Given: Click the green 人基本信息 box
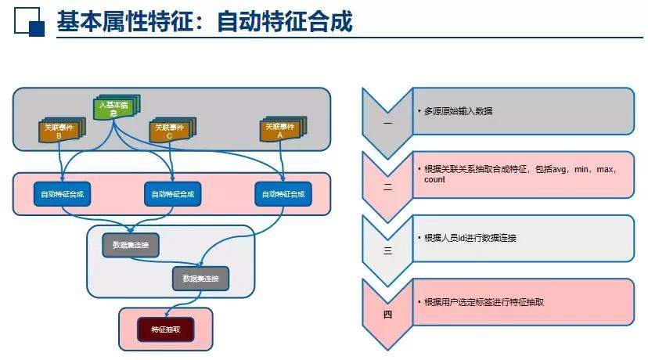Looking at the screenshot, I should tap(114, 108).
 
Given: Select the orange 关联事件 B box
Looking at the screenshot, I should tap(59, 131).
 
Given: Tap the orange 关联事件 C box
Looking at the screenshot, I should tap(170, 131).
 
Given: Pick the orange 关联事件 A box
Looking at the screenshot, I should tap(281, 129).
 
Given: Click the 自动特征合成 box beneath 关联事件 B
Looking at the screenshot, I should tap(62, 194).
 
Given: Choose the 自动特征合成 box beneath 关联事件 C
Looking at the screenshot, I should tap(172, 194).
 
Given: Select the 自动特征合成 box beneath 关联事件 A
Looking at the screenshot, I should tap(283, 194).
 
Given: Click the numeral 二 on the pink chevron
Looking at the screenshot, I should tap(387, 188).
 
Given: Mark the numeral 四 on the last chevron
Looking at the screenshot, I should tap(387, 315).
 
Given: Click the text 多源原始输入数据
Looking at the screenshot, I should tap(458, 111).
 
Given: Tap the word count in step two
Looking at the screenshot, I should tap(434, 179).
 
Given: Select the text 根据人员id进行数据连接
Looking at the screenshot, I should tap(470, 237).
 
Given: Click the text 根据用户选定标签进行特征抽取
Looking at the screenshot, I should tap(483, 301).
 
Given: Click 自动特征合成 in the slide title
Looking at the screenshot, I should tap(285, 21).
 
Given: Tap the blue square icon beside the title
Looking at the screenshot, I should tap(29, 22).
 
